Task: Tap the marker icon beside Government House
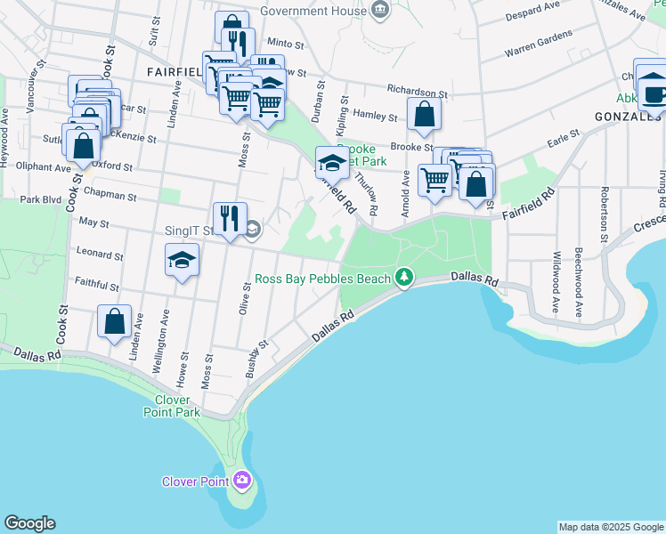[x=381, y=12]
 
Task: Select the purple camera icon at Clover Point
[x=241, y=481]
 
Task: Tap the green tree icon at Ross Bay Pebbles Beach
[x=404, y=279]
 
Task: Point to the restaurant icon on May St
[x=229, y=218]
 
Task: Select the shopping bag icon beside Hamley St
[x=425, y=114]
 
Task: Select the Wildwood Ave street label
[x=556, y=271]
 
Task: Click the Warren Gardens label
[x=539, y=41]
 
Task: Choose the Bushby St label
[x=257, y=358]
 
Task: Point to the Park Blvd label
[x=40, y=200]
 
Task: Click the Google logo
[x=29, y=523]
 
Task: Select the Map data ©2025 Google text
[x=610, y=527]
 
